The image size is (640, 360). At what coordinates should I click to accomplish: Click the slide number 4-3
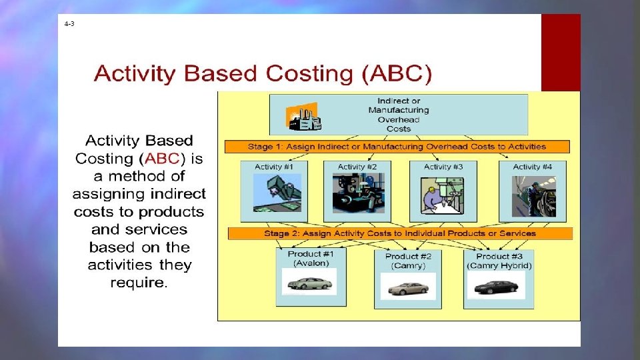coord(69,23)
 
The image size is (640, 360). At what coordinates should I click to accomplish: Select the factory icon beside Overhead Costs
coord(303,117)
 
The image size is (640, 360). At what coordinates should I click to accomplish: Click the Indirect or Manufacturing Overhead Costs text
coord(399,115)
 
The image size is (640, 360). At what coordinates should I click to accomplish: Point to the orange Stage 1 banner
coord(397,147)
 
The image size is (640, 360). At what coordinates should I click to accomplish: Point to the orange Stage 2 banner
coord(400,233)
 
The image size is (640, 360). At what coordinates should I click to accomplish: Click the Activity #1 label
coord(273,167)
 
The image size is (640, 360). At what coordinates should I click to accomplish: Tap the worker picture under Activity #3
coord(443,195)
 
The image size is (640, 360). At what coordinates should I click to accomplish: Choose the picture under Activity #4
coord(533,195)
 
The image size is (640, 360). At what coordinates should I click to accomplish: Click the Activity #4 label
coord(532,167)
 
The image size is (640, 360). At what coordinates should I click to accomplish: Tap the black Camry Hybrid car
coord(496,287)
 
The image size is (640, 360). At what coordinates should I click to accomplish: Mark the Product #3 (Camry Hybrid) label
coord(499,261)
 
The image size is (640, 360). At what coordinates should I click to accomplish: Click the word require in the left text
coord(139,283)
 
